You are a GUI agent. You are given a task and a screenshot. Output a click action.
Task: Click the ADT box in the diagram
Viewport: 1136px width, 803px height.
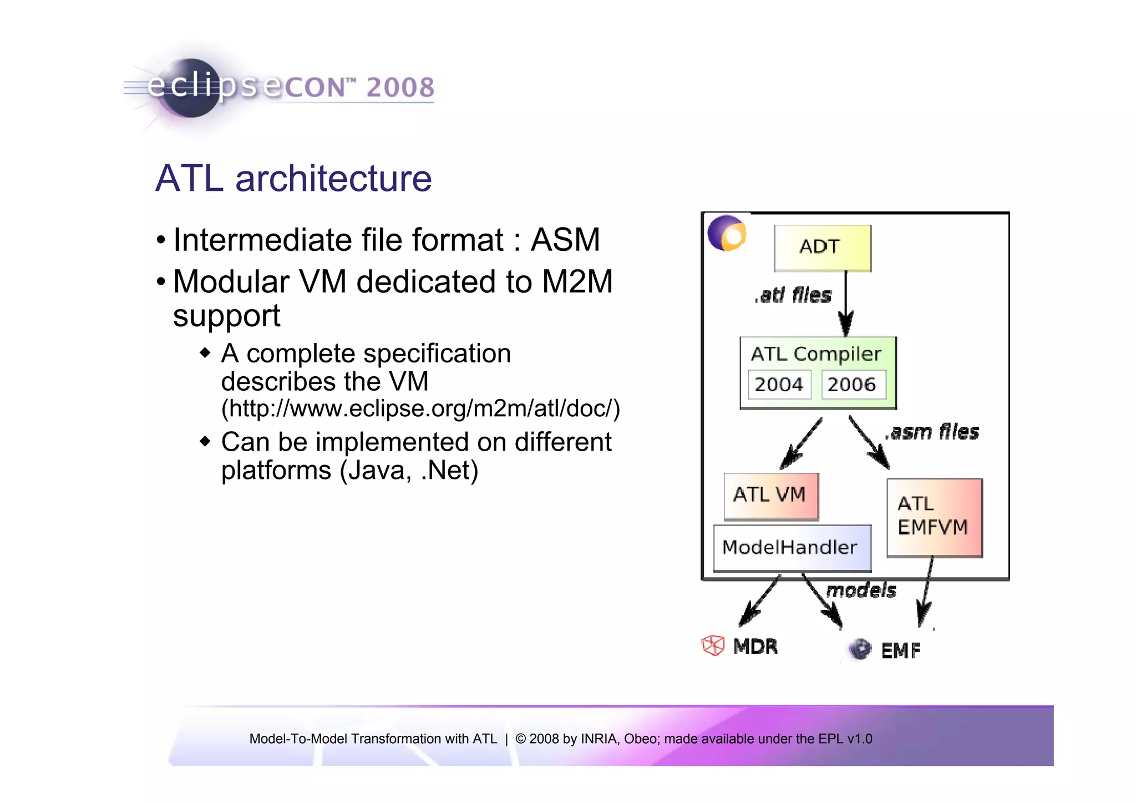(822, 248)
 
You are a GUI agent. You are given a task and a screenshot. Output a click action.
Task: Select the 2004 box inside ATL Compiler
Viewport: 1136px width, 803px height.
(779, 384)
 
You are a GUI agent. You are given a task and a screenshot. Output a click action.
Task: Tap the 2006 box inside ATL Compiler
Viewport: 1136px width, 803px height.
(853, 384)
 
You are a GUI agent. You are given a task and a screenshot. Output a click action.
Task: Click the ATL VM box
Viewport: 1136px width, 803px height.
(770, 496)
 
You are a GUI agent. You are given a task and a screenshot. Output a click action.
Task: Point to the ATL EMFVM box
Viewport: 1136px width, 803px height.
(934, 517)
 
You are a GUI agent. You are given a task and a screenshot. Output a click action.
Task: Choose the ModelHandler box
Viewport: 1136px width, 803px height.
(791, 548)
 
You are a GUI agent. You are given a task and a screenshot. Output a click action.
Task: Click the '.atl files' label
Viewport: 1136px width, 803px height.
(793, 295)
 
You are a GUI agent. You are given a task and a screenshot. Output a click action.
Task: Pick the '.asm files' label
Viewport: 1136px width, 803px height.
(932, 432)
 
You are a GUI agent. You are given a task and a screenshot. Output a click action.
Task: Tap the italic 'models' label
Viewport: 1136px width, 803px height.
(861, 590)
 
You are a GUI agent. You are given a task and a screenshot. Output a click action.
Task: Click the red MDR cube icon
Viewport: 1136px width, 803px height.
(713, 645)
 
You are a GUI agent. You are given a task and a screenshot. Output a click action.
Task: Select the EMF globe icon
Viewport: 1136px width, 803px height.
(860, 649)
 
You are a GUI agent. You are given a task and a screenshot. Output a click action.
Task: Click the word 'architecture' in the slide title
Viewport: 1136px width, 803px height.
(333, 179)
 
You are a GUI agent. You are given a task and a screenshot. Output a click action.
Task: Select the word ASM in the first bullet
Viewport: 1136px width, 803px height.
(565, 240)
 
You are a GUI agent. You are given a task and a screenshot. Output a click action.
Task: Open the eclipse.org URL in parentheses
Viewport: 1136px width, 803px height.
(420, 409)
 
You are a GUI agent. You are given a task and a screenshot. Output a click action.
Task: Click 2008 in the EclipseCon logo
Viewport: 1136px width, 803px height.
(400, 88)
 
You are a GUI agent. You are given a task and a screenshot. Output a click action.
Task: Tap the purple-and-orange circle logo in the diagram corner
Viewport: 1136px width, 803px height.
(727, 234)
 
